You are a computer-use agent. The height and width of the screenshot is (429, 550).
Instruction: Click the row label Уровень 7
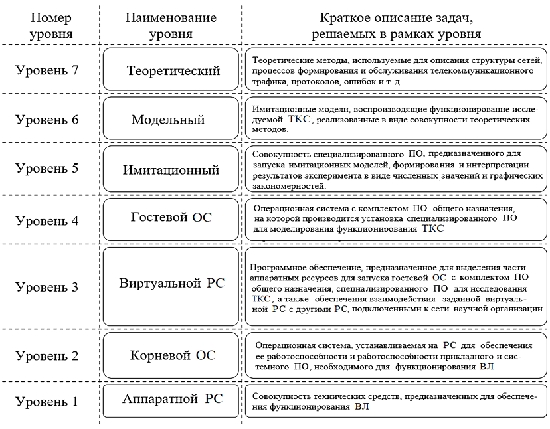[47, 70]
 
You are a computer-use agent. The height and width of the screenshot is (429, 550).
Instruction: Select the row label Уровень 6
[47, 120]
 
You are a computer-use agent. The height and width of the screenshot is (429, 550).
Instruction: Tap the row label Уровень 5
[47, 168]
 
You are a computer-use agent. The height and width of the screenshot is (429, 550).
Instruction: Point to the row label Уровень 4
[47, 220]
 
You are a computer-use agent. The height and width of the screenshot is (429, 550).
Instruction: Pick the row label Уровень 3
[47, 287]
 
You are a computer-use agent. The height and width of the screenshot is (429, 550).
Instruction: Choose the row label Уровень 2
[47, 355]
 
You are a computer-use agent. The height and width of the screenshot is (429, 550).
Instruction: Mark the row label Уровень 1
[47, 401]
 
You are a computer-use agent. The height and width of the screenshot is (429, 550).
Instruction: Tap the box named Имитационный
[171, 170]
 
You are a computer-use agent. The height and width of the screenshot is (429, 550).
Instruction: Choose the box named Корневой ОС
[171, 355]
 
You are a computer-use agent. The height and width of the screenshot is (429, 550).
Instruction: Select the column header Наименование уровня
[171, 25]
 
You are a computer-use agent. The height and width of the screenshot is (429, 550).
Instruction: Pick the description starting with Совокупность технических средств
[396, 401]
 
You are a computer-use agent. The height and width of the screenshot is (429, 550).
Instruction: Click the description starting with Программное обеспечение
[396, 287]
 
